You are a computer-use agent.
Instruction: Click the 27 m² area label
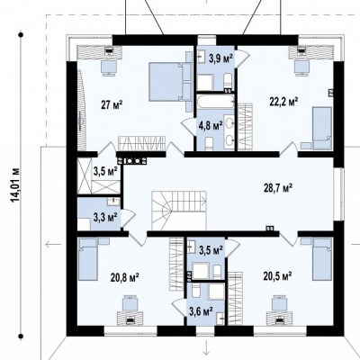click(112, 105)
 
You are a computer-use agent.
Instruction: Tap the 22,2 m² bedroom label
click(283, 102)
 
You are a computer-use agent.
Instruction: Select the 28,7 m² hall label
click(278, 188)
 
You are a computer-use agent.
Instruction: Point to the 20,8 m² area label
click(124, 277)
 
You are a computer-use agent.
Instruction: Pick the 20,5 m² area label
click(278, 276)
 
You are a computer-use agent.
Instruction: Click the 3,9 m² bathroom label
click(221, 58)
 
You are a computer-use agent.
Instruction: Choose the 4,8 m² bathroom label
click(211, 125)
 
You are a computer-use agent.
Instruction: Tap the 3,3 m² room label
click(105, 217)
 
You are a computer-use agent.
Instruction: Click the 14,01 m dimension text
click(15, 184)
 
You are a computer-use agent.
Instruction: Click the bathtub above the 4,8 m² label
click(215, 102)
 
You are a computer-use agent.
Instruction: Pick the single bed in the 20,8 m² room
click(88, 259)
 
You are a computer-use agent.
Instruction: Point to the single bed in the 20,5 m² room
click(322, 259)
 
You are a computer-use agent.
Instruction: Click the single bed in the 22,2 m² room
click(322, 129)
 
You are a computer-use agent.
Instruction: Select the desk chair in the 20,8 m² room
click(130, 303)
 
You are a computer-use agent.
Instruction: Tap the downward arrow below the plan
click(206, 348)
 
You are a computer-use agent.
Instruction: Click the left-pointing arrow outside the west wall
click(53, 245)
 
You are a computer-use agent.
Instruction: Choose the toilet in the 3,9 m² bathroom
click(228, 81)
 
